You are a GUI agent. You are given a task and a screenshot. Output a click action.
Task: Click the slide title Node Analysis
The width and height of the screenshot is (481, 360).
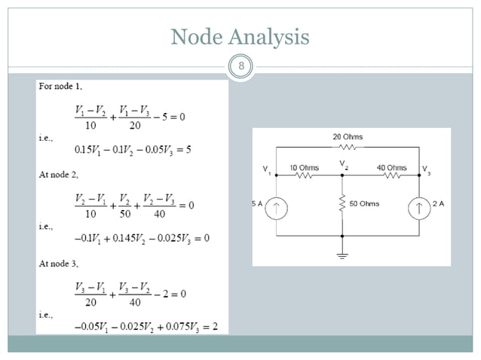pyautogui.click(x=240, y=36)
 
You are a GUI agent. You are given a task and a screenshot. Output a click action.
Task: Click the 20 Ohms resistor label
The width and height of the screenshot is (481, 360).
pyautogui.click(x=347, y=137)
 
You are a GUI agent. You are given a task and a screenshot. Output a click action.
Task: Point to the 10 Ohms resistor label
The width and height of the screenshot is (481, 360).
pyautogui.click(x=304, y=167)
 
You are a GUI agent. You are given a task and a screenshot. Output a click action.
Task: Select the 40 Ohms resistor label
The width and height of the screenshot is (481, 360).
pyautogui.click(x=391, y=167)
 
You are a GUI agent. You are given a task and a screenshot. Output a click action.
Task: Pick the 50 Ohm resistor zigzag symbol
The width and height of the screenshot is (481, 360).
pyautogui.click(x=343, y=203)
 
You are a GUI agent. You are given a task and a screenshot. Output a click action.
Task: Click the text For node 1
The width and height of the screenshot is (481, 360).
pyautogui.click(x=66, y=87)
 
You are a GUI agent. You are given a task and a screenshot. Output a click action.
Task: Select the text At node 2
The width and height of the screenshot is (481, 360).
pyautogui.click(x=63, y=174)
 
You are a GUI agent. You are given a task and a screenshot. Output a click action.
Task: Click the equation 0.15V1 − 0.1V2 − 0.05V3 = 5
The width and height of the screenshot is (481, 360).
pyautogui.click(x=133, y=149)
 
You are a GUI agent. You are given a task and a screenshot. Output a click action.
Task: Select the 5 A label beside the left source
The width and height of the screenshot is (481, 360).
pyautogui.click(x=257, y=204)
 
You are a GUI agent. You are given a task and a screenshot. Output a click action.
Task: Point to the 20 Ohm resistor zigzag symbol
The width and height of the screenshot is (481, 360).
pyautogui.click(x=347, y=148)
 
